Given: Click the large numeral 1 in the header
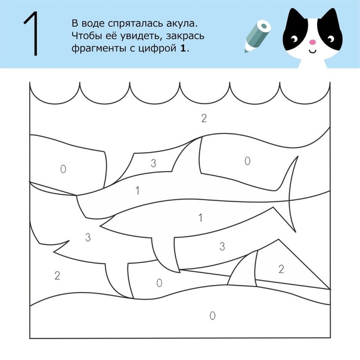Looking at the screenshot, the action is pos(31,33).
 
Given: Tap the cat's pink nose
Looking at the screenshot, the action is pos(312,42).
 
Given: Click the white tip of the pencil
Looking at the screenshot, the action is pos(247,49).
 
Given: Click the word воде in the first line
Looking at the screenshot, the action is pos(92,24).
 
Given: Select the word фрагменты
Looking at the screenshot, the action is pos(99,49).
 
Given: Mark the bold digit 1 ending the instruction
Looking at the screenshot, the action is pos(183,48).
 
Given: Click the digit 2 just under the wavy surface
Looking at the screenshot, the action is pos(204,118).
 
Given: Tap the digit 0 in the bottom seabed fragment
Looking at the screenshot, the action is pos(213,316).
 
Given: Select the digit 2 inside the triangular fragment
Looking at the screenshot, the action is pos(281,269).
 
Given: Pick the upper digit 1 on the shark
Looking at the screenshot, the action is pos(138,191).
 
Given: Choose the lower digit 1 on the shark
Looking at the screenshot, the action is pos(201,218).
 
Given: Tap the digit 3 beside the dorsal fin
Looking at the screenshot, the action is pos(154,163).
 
